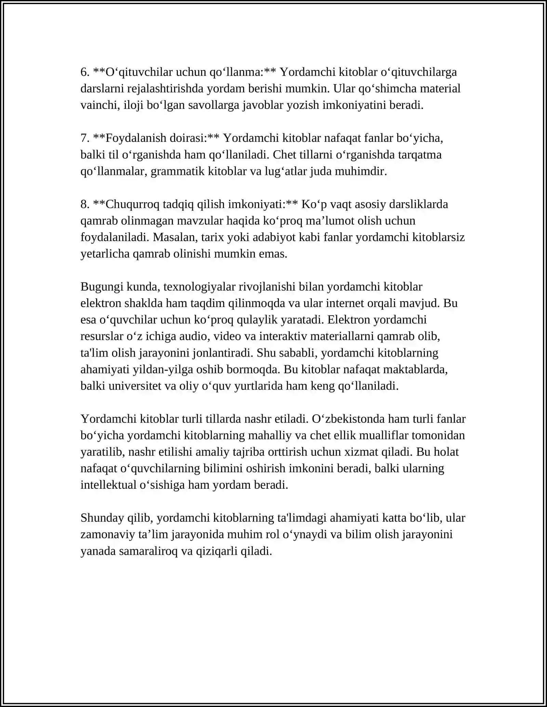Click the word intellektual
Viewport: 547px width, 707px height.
108,485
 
